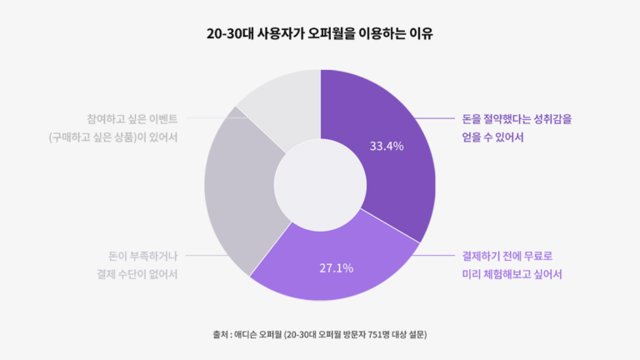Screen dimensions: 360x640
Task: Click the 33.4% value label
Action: pyautogui.click(x=386, y=147)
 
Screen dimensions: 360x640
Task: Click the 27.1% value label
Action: pyautogui.click(x=337, y=268)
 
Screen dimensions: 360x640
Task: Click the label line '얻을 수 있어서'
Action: pyautogui.click(x=492, y=137)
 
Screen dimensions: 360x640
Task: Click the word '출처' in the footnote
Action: pyautogui.click(x=220, y=335)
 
